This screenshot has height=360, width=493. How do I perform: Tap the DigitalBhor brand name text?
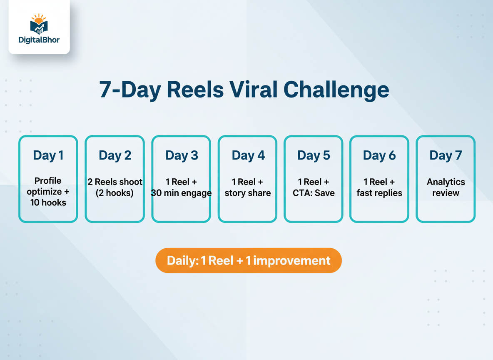(39, 40)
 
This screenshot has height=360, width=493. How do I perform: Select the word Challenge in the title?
(336, 90)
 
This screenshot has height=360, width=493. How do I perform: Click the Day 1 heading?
(48, 155)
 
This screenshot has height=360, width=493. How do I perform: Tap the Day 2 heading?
(115, 155)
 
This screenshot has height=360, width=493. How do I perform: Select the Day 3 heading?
(182, 155)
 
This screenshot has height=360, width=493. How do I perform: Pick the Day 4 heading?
(248, 155)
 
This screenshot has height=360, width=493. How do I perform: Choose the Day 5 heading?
(314, 155)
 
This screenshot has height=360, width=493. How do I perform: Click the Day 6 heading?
(379, 155)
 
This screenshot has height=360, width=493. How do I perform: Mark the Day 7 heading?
(446, 155)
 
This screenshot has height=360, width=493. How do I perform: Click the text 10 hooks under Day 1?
(48, 203)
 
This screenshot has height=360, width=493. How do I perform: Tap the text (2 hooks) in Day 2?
(115, 193)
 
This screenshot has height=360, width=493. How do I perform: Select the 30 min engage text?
(182, 193)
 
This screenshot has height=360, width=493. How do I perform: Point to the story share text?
(248, 193)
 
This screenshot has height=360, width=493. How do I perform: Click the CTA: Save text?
(314, 193)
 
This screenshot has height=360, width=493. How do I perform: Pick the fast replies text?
(379, 193)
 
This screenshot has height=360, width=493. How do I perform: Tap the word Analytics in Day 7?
(446, 182)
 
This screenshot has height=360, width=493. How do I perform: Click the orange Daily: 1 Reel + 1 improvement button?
(249, 260)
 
